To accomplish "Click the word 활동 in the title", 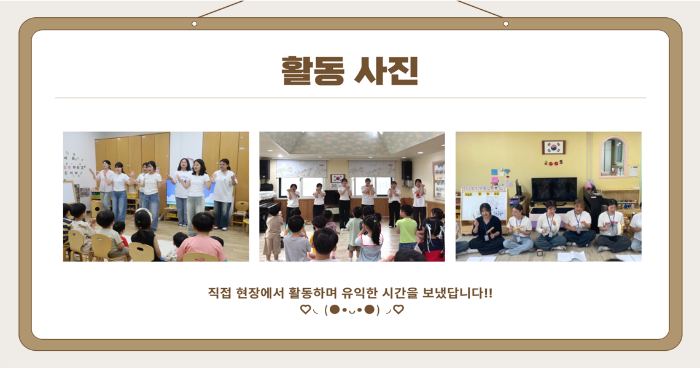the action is click(313, 71).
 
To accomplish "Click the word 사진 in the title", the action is click(387, 71).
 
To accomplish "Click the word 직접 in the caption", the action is click(219, 294).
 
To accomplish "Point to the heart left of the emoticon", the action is click(305, 310).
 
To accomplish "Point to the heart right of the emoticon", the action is click(399, 310).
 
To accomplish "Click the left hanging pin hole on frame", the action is click(194, 24).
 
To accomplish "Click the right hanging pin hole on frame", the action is click(505, 24).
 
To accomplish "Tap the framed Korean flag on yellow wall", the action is click(554, 147).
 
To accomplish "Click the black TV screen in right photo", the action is click(554, 189).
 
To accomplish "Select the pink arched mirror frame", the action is click(613, 156).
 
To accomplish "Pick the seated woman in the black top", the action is click(486, 229).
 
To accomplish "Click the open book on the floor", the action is click(572, 256).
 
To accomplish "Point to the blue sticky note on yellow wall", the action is click(494, 172).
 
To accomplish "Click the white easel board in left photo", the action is click(69, 192).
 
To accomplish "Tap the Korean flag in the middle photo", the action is click(338, 178).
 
